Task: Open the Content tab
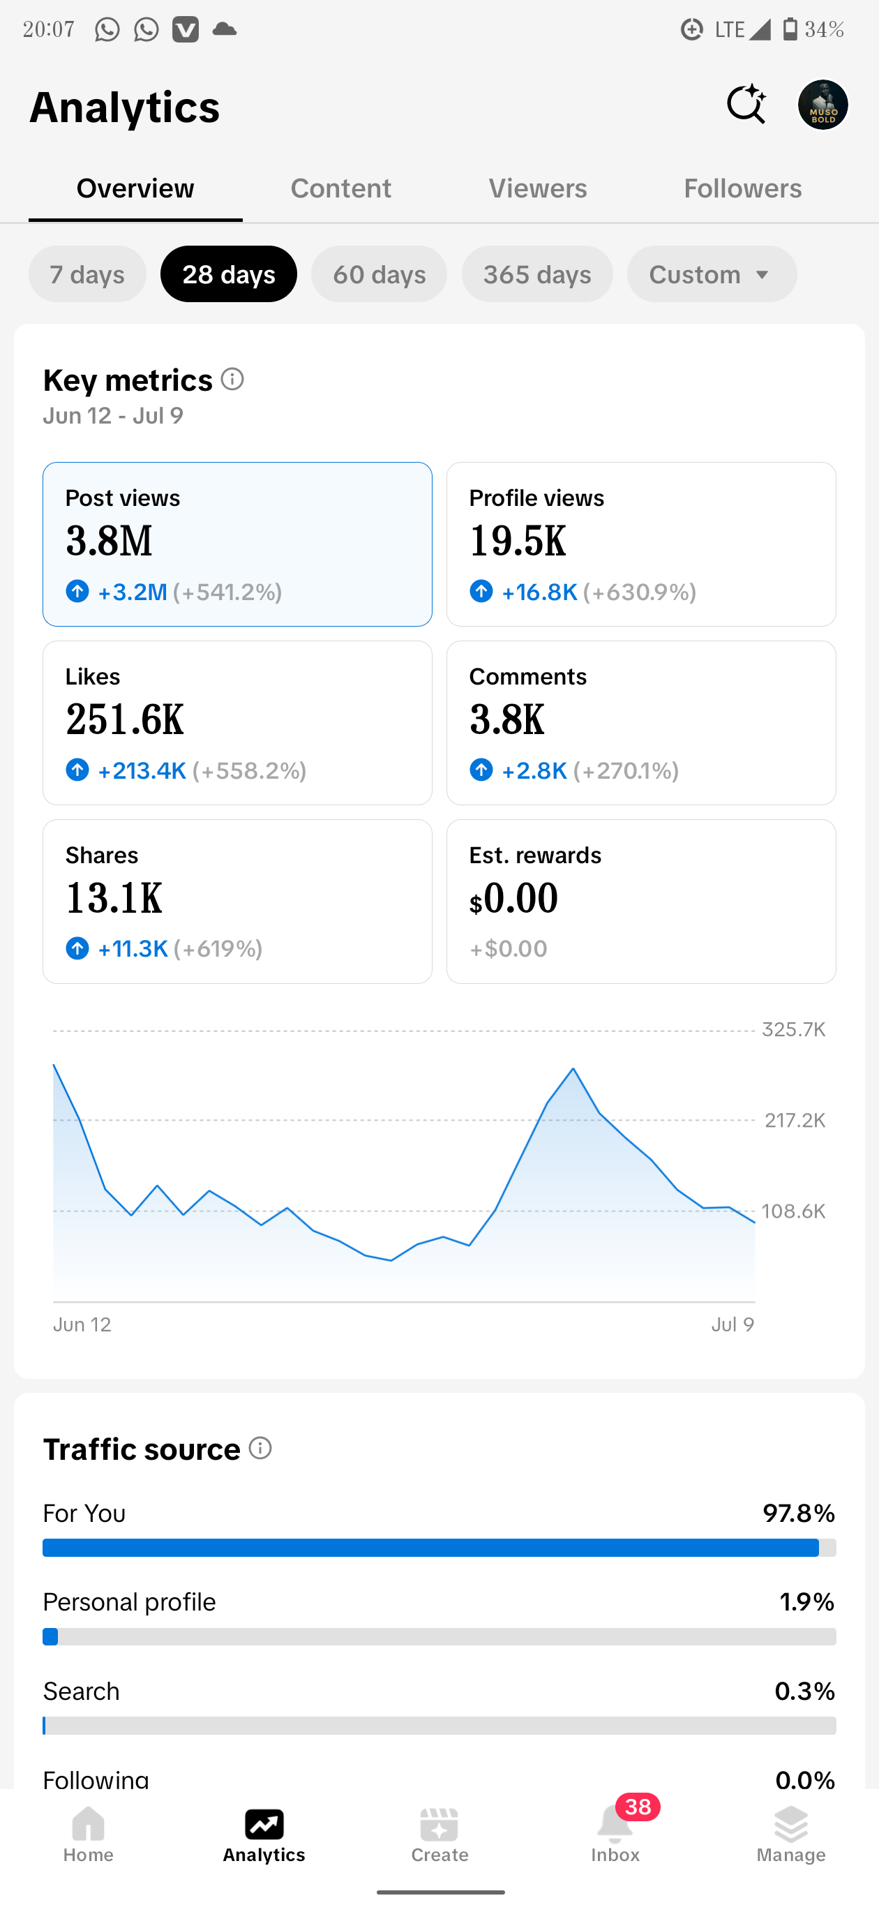coord(341,188)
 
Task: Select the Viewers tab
coord(537,188)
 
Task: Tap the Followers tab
coord(742,188)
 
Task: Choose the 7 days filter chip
coord(87,274)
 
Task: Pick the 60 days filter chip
coord(380,274)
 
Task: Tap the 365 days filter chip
coord(537,274)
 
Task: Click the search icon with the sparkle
coord(746,104)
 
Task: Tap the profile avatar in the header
coord(822,104)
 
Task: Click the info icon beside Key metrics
coord(232,380)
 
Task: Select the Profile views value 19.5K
coord(518,541)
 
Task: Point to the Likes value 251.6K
coord(124,719)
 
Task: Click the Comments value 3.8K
coord(506,719)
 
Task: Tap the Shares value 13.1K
coord(114,898)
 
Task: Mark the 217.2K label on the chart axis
coord(795,1121)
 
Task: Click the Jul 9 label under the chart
coord(732,1324)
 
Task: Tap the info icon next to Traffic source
coord(260,1448)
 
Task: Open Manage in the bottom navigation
coord(791,1834)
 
